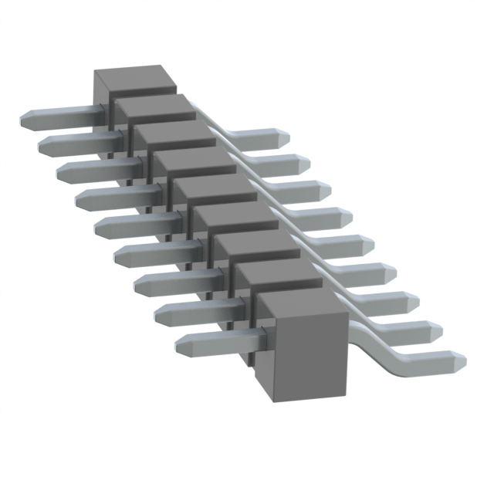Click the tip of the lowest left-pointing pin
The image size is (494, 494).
tap(182, 345)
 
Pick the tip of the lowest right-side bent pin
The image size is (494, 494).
tap(458, 360)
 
